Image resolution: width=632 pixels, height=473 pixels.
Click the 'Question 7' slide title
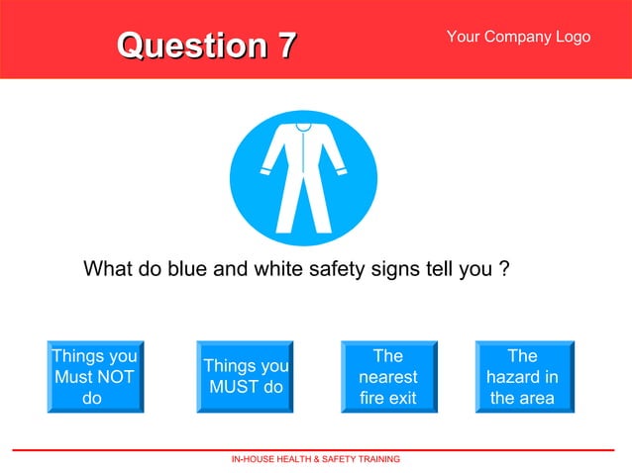coord(206,46)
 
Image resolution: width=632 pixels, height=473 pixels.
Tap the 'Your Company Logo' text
coord(518,37)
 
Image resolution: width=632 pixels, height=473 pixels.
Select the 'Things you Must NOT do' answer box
coord(94,377)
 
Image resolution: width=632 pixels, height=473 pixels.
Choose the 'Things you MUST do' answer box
coord(246,377)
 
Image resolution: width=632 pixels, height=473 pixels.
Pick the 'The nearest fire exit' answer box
coord(388,377)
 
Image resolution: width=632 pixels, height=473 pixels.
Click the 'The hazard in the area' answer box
coord(522,377)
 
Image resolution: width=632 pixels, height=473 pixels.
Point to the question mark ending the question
coord(504,269)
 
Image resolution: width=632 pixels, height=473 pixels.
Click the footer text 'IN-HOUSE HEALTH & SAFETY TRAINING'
coord(316,460)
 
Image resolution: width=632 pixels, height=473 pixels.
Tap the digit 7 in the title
coord(285,46)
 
